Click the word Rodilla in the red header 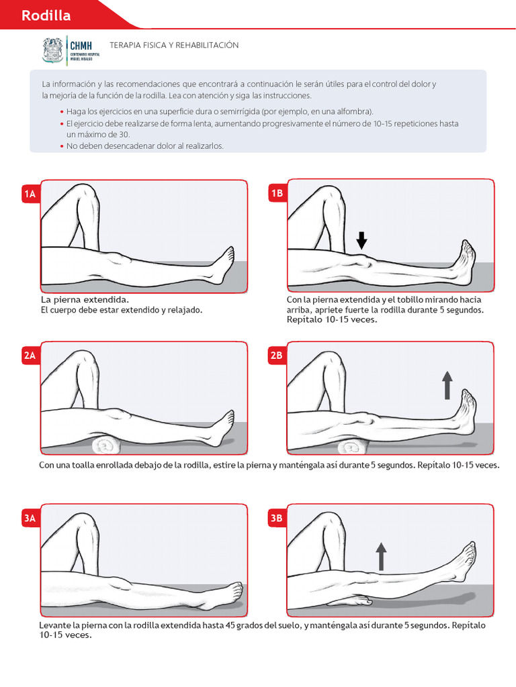pyautogui.click(x=46, y=15)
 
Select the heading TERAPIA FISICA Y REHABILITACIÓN pyautogui.click(x=179, y=45)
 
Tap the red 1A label pyautogui.click(x=30, y=195)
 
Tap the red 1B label pyautogui.click(x=277, y=195)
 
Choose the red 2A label pyautogui.click(x=30, y=356)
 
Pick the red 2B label pyautogui.click(x=277, y=356)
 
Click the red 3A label pyautogui.click(x=30, y=518)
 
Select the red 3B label pyautogui.click(x=277, y=518)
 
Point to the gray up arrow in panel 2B pyautogui.click(x=447, y=386)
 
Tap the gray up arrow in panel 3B pyautogui.click(x=381, y=556)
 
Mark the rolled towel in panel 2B pyautogui.click(x=353, y=447)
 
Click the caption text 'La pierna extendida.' pyautogui.click(x=85, y=299)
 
